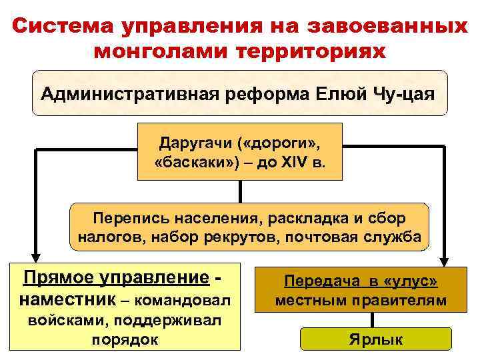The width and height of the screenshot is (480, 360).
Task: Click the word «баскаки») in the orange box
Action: [x=193, y=163]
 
